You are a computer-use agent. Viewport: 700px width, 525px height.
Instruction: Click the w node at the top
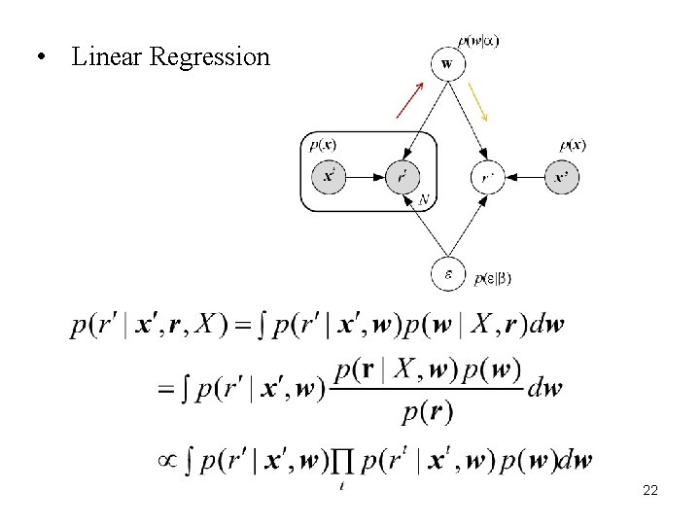coord(446,65)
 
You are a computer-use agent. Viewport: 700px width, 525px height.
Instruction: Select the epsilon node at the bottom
coord(447,274)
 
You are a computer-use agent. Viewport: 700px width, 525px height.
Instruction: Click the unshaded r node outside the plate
coord(486,177)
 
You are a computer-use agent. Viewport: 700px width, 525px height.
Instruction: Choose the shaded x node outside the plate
coord(561,177)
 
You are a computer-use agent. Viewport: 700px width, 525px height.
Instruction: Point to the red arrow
coord(409,99)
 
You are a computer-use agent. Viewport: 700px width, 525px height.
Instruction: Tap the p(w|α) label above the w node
coord(479,41)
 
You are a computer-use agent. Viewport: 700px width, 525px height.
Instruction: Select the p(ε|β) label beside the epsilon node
coord(493,279)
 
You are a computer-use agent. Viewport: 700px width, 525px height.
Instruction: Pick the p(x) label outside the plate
coord(573,146)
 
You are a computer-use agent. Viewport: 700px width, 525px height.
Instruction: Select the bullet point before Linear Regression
coord(40,56)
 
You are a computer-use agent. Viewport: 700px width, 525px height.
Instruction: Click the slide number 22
coord(650,491)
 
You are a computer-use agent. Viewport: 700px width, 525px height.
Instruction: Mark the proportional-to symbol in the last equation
coord(166,460)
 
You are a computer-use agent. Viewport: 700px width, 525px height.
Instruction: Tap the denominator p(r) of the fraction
coord(428,412)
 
